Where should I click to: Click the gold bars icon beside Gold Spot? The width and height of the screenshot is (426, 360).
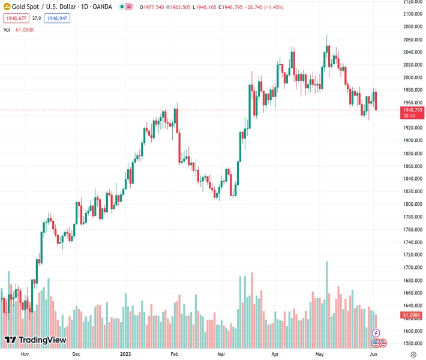[x=7, y=7]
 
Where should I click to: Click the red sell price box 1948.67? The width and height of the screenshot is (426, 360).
[x=16, y=18]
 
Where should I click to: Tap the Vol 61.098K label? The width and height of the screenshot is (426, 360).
[x=17, y=29]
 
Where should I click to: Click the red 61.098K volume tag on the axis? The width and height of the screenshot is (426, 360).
[x=412, y=315]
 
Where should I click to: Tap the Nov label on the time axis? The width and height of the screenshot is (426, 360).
[x=25, y=354]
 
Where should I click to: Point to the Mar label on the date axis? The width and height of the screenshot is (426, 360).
[x=222, y=354]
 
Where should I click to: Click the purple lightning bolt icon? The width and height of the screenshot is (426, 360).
[x=376, y=332]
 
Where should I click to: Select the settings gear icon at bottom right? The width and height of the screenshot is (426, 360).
[x=412, y=355]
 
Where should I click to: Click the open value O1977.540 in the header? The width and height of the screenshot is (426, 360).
[x=153, y=7]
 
